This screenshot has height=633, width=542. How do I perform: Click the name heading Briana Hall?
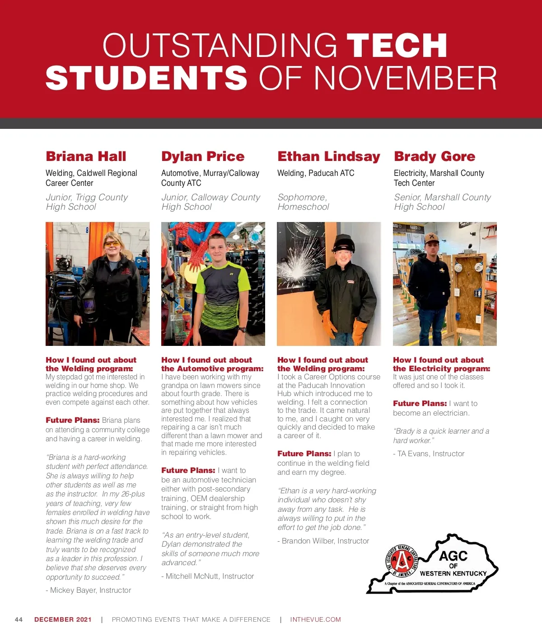click(x=86, y=156)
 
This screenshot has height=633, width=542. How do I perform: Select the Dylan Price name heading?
click(x=203, y=156)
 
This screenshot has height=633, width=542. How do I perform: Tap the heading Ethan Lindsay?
click(x=329, y=156)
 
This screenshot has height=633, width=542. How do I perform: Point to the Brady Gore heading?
click(x=435, y=156)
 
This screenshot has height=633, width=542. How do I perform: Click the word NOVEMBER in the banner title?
click(x=405, y=78)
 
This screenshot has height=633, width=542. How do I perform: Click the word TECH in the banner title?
click(x=397, y=46)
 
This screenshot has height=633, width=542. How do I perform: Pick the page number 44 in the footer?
click(x=19, y=619)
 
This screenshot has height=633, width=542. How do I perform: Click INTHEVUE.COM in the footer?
click(x=315, y=619)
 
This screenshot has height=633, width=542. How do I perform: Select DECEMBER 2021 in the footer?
click(x=63, y=619)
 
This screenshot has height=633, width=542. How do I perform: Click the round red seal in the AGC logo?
click(x=402, y=561)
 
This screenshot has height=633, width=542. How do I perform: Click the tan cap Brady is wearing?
click(x=431, y=238)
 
